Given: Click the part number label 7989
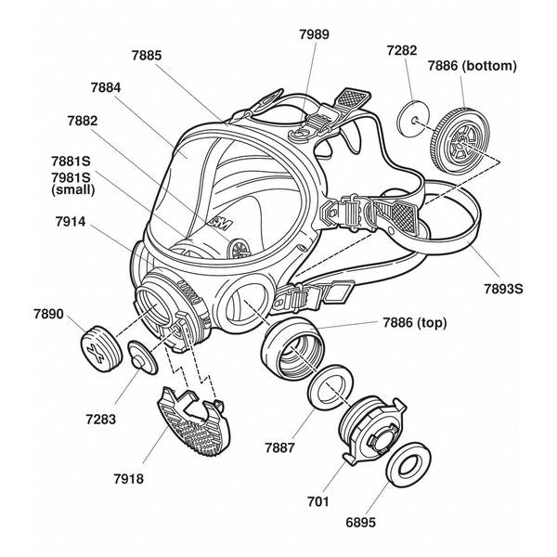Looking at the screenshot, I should point(314,34).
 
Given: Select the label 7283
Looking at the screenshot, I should point(99,419).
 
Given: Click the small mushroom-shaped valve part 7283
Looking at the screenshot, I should point(143,357).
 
